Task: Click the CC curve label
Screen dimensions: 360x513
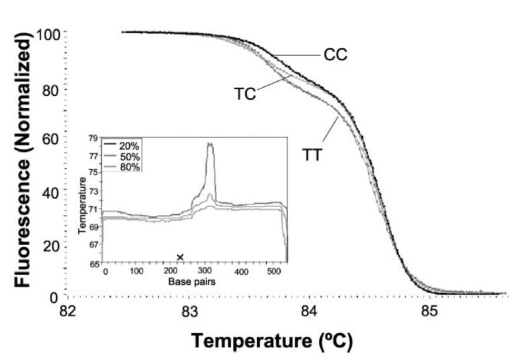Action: pos(335,55)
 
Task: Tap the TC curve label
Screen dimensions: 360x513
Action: pos(245,94)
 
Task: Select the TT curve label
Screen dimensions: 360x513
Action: pos(312,155)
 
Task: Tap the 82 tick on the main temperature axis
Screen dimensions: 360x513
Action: pos(68,312)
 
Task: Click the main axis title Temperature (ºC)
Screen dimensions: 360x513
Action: pos(272,341)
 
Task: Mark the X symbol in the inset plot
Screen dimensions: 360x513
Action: pos(180,257)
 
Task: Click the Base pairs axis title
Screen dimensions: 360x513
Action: pos(192,282)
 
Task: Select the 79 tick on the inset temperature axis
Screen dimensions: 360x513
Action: pos(95,138)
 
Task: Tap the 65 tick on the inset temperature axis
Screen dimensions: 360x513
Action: pos(95,265)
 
